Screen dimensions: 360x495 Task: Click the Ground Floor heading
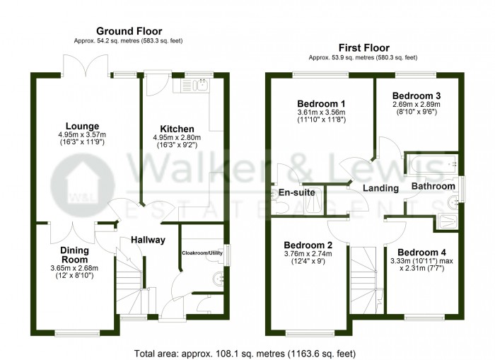[x=129, y=31]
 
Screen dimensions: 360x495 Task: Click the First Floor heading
[x=363, y=47]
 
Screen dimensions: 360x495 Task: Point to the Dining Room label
[x=74, y=255]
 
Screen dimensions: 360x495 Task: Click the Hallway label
[x=148, y=240]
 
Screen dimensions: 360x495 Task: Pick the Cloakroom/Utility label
[x=202, y=252]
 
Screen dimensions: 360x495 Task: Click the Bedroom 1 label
[x=320, y=103]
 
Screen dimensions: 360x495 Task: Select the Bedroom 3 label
[x=417, y=96]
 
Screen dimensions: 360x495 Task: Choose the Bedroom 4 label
[x=422, y=252]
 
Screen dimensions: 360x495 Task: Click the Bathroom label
[x=433, y=186]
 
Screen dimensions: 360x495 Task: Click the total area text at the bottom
[x=244, y=352]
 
